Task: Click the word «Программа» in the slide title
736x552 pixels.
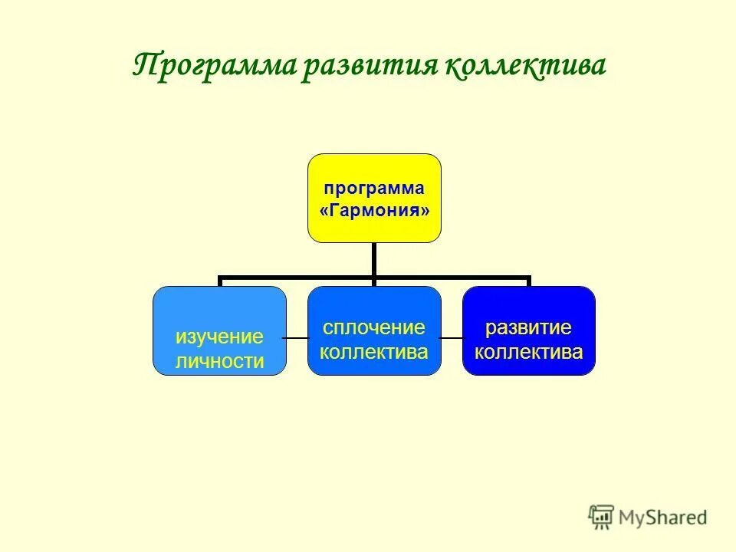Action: pyautogui.click(x=215, y=66)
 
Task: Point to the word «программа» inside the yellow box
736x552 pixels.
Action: pyautogui.click(x=374, y=189)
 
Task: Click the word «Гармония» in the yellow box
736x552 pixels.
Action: pyautogui.click(x=374, y=210)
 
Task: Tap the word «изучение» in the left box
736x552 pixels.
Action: pyautogui.click(x=219, y=337)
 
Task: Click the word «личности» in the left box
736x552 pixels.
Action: pyautogui.click(x=219, y=360)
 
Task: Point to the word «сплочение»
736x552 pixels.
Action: pyautogui.click(x=374, y=328)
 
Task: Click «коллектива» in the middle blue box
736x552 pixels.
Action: pyautogui.click(x=374, y=352)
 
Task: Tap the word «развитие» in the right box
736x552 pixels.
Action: pyautogui.click(x=528, y=328)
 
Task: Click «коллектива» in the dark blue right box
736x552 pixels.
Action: pyautogui.click(x=528, y=352)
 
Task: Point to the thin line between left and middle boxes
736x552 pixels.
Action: pyautogui.click(x=297, y=337)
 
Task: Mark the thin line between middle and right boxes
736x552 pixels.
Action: pyautogui.click(x=452, y=337)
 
